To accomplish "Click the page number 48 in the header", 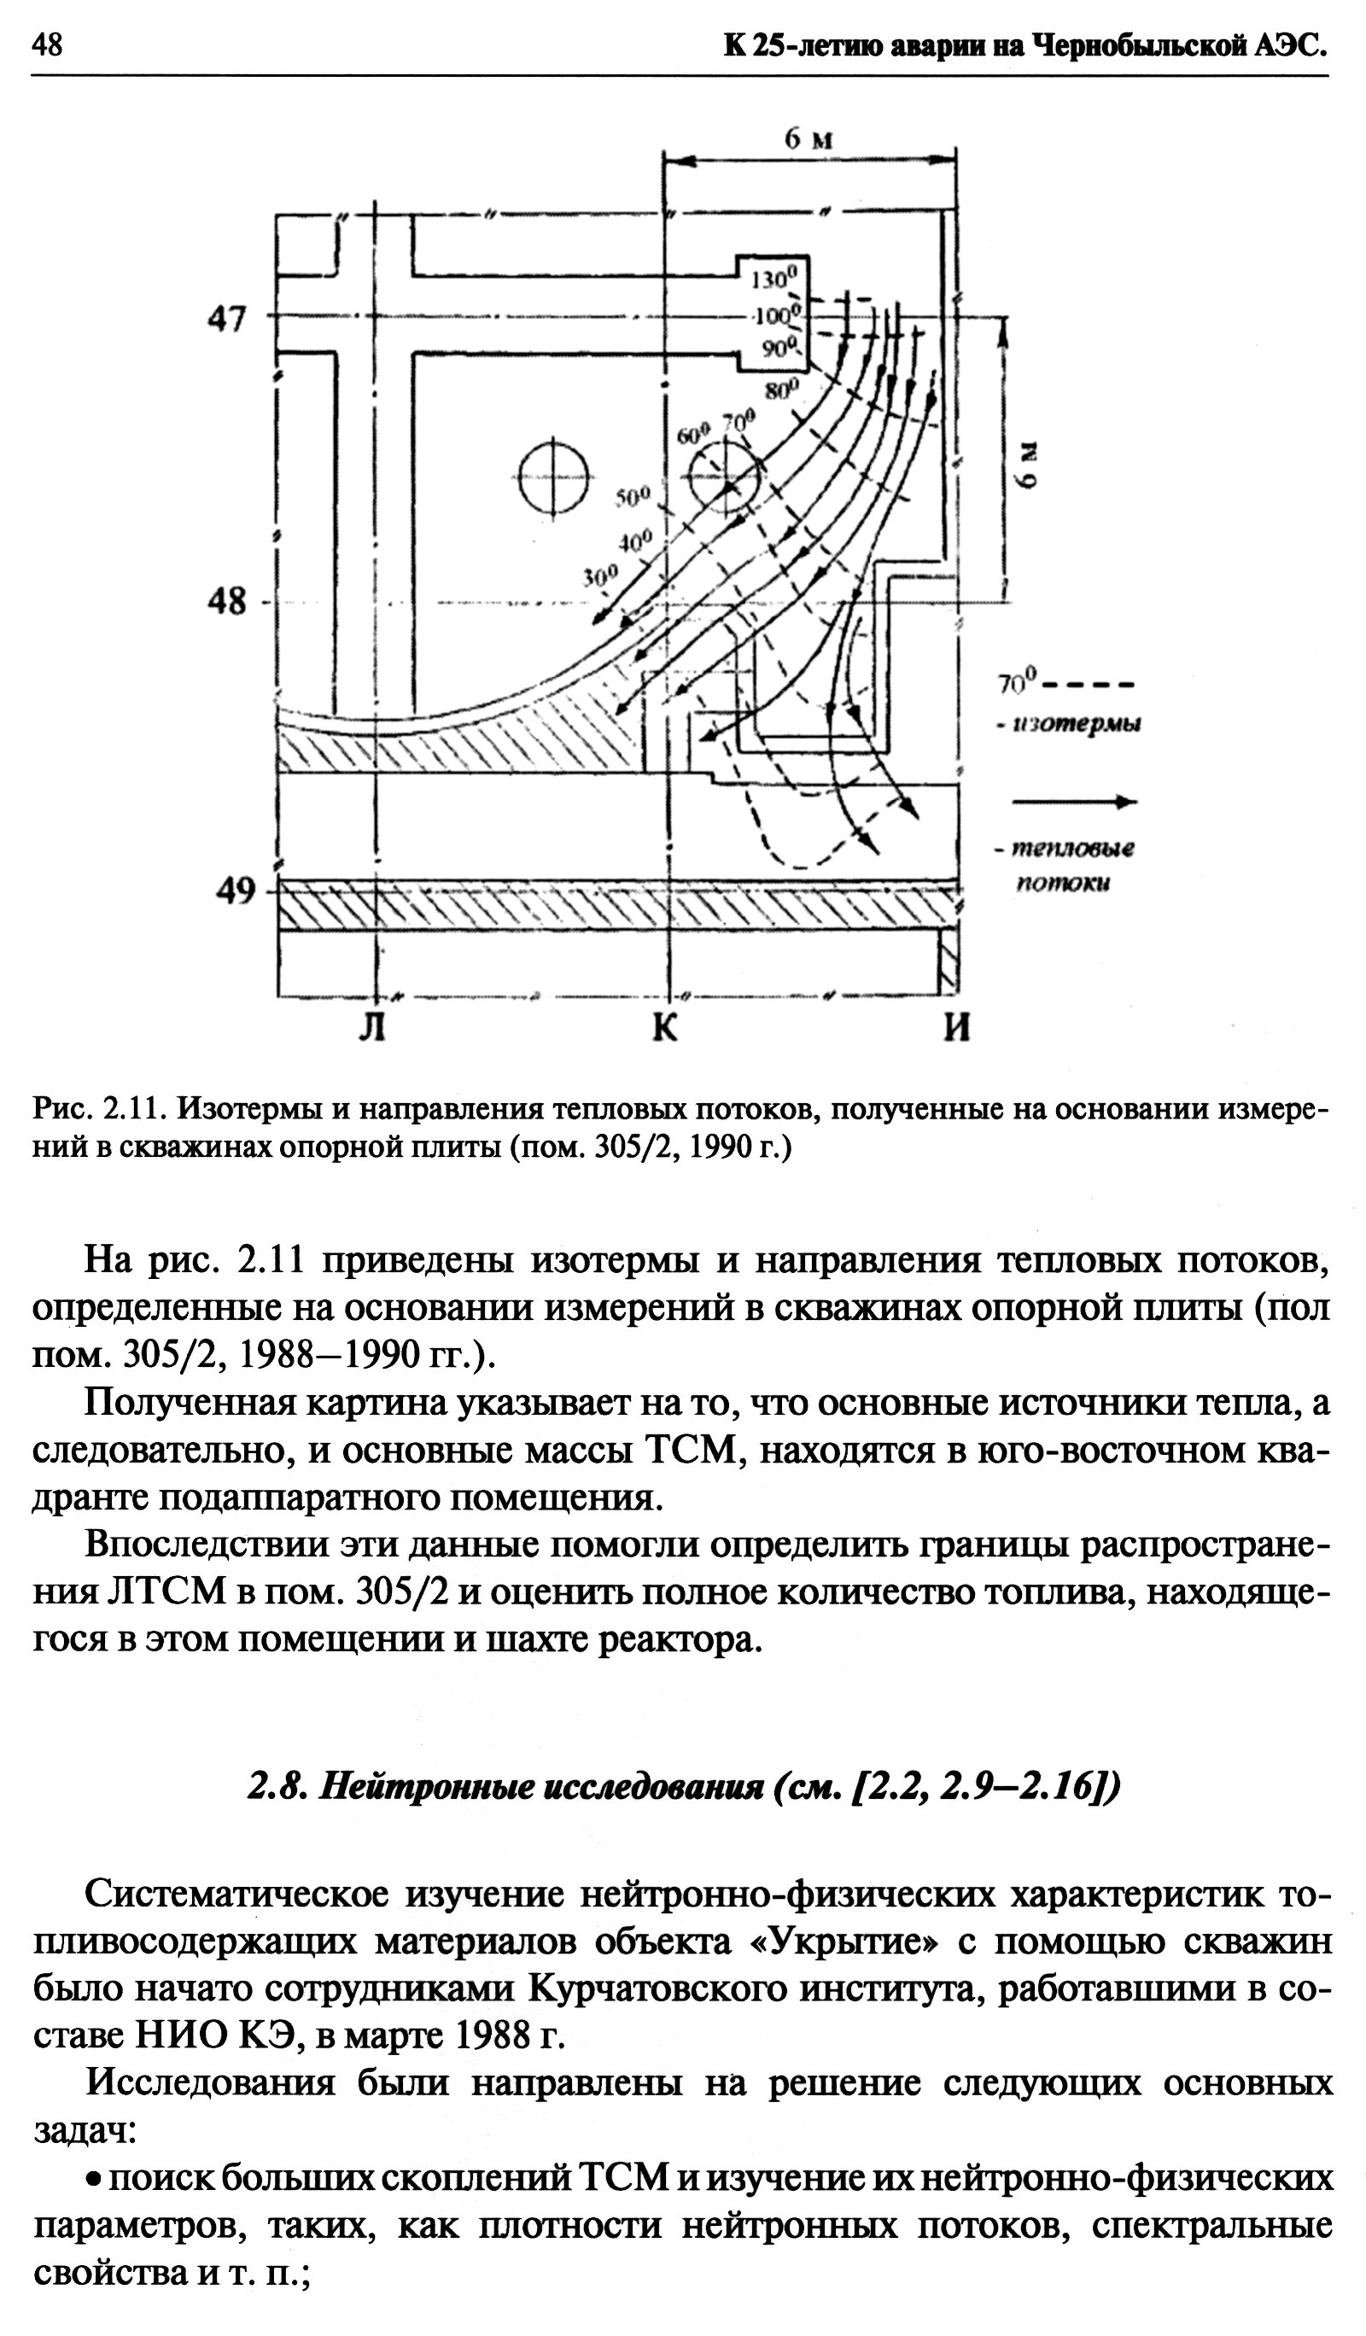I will pos(47,44).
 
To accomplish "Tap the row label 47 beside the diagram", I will pos(226,320).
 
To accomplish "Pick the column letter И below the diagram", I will pos(957,1029).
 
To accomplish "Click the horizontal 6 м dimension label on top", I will pos(809,141).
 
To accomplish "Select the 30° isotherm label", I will pos(598,576).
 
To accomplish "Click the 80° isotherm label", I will pos(781,390).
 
